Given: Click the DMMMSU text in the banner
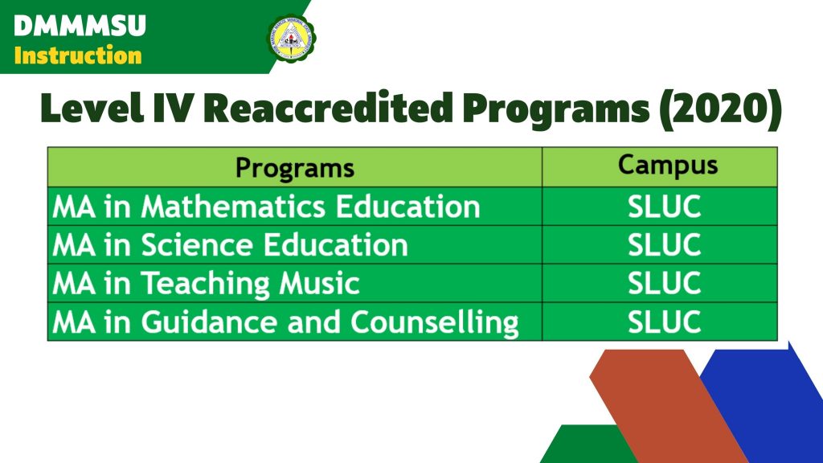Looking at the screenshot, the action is click(x=80, y=26).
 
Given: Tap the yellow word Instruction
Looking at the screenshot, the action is click(x=78, y=55).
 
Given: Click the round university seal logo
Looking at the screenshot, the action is click(x=292, y=37).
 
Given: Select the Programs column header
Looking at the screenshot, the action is click(x=294, y=168).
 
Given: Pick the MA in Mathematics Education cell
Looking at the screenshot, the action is click(x=294, y=207).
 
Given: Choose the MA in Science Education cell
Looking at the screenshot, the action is click(x=294, y=244).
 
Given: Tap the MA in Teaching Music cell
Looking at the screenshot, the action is click(x=294, y=283).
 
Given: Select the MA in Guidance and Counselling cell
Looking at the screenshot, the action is click(x=294, y=322).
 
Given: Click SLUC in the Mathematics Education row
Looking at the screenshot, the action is click(x=664, y=207).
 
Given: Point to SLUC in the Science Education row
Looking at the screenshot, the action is click(x=664, y=244).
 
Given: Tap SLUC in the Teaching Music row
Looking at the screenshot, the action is click(x=664, y=283).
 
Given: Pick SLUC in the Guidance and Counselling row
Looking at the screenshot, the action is click(x=664, y=322).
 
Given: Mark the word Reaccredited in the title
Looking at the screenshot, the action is click(x=328, y=109).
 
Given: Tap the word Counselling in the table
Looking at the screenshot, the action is click(x=435, y=322).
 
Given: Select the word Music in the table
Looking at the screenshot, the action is click(x=319, y=284).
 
